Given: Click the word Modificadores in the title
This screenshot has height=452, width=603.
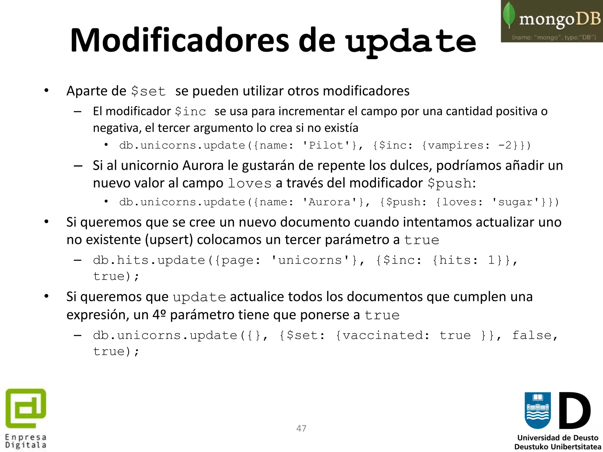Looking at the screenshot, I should pos(180,41).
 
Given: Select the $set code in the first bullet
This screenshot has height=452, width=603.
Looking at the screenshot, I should pos(148,91).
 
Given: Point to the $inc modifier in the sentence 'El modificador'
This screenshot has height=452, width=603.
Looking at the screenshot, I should pos(190,112).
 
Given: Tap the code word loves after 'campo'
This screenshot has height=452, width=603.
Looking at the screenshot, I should pos(250,184).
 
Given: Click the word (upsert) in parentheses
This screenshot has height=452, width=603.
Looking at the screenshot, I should pos(169,240).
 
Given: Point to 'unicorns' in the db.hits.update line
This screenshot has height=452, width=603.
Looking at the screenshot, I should pos(310,260).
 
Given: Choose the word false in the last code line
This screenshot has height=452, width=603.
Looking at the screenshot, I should pos(532,335).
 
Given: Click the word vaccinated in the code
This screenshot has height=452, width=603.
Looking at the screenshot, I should pos(382,335).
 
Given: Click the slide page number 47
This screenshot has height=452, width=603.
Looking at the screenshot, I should pos(301,428).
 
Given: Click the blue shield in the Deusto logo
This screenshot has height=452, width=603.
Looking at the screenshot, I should pos(538,410).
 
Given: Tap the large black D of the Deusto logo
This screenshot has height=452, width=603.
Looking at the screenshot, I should pos(574,411).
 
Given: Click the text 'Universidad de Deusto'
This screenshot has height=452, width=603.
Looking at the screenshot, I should pos(558,438).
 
